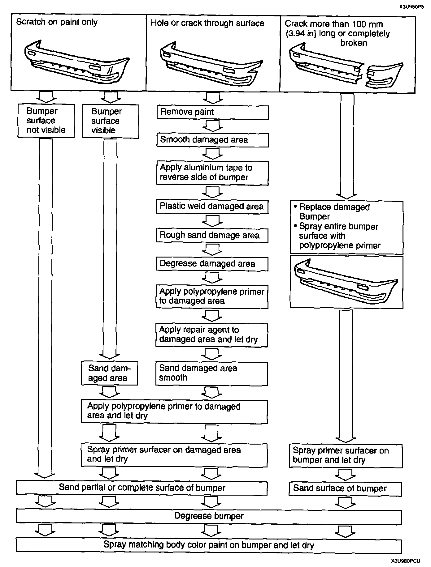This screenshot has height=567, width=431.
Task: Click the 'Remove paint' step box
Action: pos(212,112)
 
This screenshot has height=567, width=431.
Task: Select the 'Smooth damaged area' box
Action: pos(212,140)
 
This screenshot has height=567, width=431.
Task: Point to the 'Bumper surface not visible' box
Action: pos(46,121)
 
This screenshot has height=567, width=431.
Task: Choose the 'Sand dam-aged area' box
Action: pos(109,373)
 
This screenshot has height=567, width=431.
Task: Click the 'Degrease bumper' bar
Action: pos(209,516)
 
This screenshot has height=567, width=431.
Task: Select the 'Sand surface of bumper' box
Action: pos(345,488)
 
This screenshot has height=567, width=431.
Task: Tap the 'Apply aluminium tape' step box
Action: pos(212,173)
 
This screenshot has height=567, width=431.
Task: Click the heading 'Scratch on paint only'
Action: pos(57,22)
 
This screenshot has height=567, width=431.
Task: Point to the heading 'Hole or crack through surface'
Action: pos(207,23)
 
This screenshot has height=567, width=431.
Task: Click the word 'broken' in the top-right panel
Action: pos(354,43)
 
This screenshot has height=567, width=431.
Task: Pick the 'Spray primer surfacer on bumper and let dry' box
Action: pos(345,455)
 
